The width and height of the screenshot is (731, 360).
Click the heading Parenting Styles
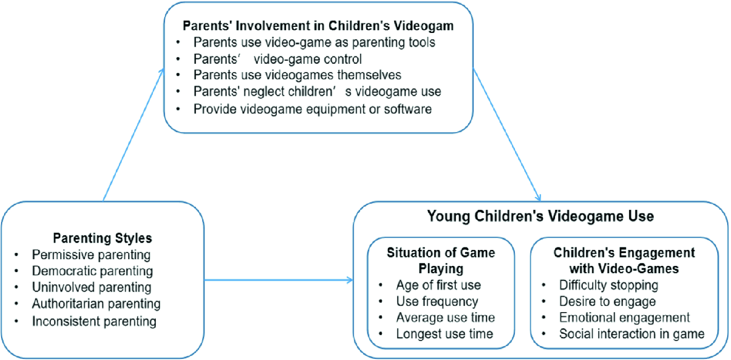(102, 238)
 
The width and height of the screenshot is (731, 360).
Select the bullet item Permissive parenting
(91, 255)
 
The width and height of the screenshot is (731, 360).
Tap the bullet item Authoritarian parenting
(96, 304)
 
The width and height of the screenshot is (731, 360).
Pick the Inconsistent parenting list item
(94, 321)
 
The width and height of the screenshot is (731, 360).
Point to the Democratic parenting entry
(93, 271)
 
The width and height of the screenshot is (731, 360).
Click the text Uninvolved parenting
(92, 287)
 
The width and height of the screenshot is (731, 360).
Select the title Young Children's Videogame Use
(541, 216)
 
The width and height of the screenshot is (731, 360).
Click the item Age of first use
(439, 285)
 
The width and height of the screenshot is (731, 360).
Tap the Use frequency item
(437, 301)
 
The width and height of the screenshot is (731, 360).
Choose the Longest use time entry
(444, 334)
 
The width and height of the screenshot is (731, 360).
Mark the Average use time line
(445, 317)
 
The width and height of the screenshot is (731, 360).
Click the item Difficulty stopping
(609, 285)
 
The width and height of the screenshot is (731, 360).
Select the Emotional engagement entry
(625, 317)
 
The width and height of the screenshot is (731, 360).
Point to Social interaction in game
(632, 334)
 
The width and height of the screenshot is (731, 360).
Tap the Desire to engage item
(608, 301)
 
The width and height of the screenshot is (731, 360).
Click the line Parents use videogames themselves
(297, 75)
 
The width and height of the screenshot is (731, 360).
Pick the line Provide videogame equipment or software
(313, 110)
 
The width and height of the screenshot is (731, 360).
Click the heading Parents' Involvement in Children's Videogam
(318, 26)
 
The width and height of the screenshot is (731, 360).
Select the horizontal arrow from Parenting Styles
(279, 280)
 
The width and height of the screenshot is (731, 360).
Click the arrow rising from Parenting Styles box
(133, 135)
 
